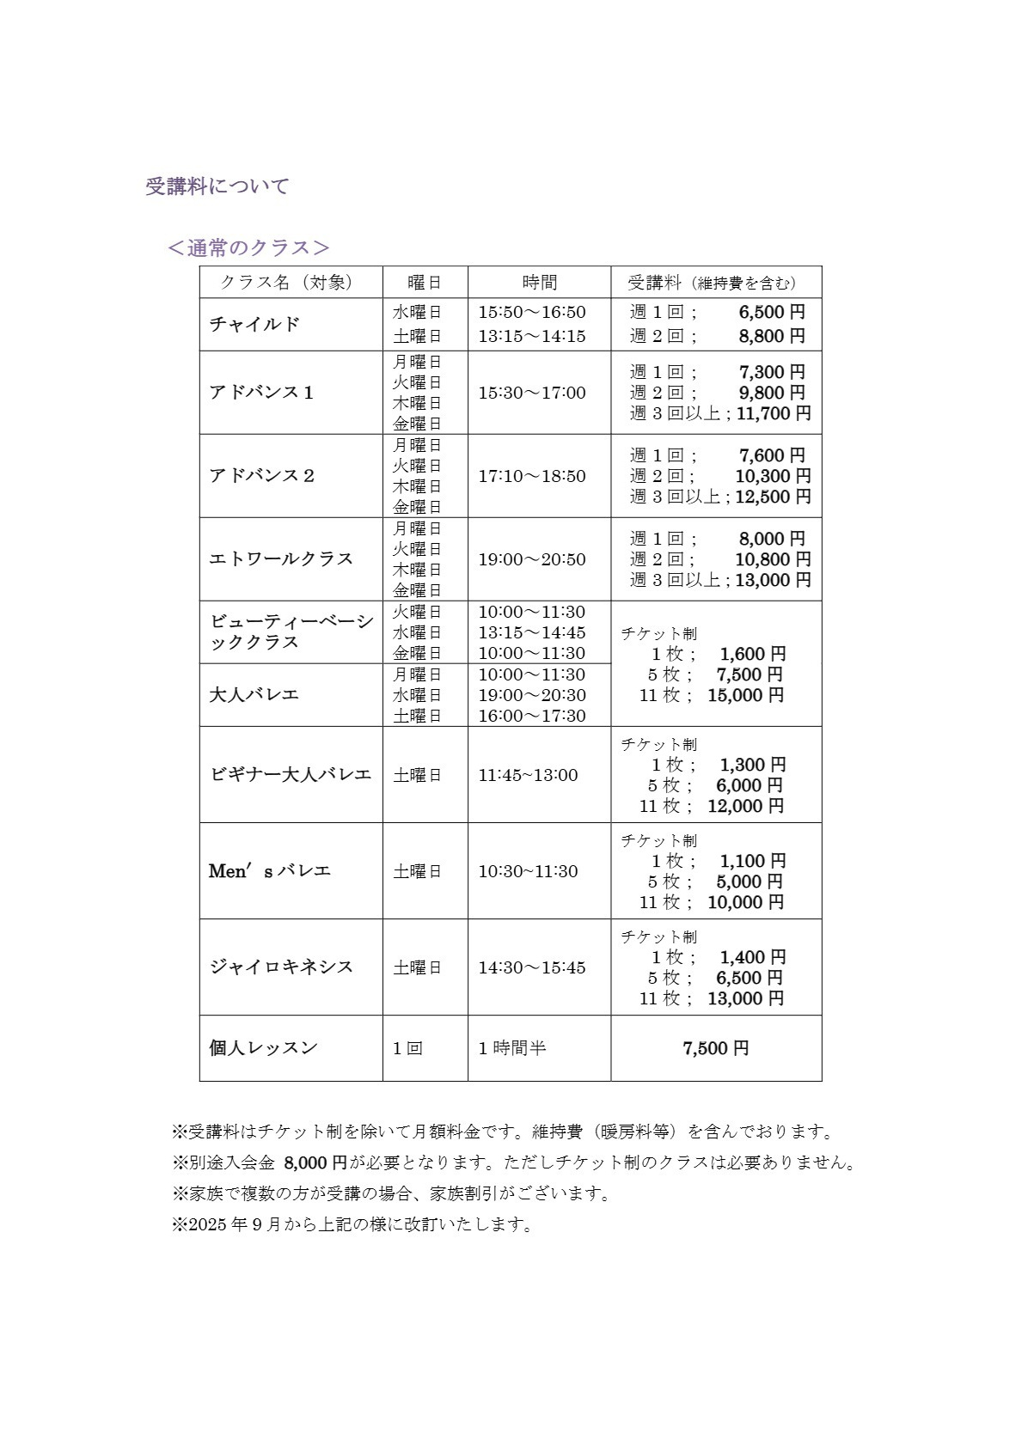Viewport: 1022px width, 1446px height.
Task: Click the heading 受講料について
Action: pyautogui.click(x=217, y=186)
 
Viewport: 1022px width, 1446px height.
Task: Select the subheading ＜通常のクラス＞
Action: pyautogui.click(x=248, y=247)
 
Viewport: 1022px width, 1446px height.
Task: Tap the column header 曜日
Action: pyautogui.click(x=425, y=283)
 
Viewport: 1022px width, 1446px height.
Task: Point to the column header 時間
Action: pyautogui.click(x=539, y=283)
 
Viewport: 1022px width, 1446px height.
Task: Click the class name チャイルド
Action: pyautogui.click(x=255, y=324)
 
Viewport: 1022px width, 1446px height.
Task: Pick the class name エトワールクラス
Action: pyautogui.click(x=281, y=558)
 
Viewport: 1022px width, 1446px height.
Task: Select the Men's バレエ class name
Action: pyautogui.click(x=270, y=871)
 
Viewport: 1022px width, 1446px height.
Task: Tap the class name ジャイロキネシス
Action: pyautogui.click(x=281, y=967)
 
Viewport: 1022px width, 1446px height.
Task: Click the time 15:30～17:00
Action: pyautogui.click(x=532, y=393)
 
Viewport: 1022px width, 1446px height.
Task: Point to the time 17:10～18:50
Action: pyautogui.click(x=532, y=476)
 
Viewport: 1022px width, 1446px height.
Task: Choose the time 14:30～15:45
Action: pyautogui.click(x=532, y=967)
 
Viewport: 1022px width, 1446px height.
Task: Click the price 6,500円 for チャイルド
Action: pyautogui.click(x=772, y=312)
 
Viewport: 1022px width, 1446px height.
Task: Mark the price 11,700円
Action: pyautogui.click(x=774, y=413)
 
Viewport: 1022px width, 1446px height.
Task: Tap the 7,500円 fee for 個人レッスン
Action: pyautogui.click(x=716, y=1048)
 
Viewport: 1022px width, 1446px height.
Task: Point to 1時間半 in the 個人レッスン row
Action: pyautogui.click(x=512, y=1048)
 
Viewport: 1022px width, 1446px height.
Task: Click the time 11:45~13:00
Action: pyautogui.click(x=528, y=775)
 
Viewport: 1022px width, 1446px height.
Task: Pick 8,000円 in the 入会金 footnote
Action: pyautogui.click(x=315, y=1163)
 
